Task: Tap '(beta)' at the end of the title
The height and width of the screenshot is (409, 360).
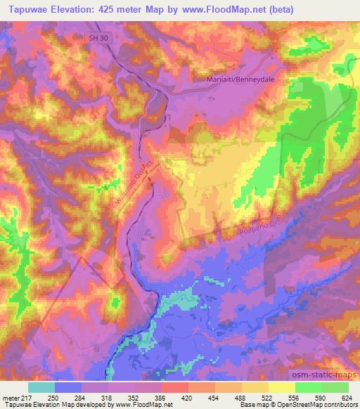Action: click(276, 10)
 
